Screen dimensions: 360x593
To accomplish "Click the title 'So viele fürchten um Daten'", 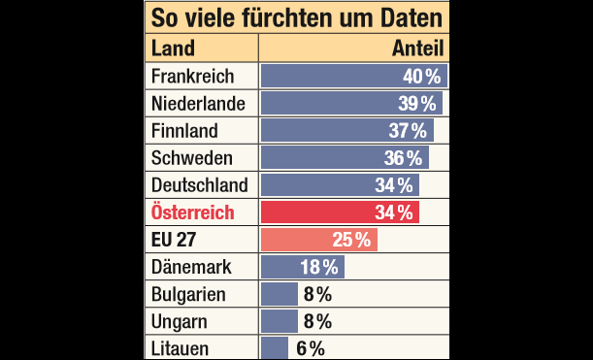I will pyautogui.click(x=295, y=17).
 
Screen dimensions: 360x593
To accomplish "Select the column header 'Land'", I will pyautogui.click(x=174, y=49).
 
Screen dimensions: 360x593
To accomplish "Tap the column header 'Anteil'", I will pyautogui.click(x=417, y=49).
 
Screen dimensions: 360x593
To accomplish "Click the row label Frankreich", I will pyautogui.click(x=193, y=77).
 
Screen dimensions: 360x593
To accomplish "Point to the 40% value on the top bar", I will pyautogui.click(x=422, y=77).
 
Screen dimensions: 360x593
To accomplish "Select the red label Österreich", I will pyautogui.click(x=193, y=213).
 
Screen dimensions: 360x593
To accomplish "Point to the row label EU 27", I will pyautogui.click(x=176, y=240).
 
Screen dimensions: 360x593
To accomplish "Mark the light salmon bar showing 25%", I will pyautogui.click(x=318, y=240).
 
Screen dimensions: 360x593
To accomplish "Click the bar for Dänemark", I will pyautogui.click(x=289, y=267).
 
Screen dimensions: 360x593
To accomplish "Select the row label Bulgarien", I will pyautogui.click(x=188, y=294).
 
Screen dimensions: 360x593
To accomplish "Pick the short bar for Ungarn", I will pyautogui.click(x=280, y=321).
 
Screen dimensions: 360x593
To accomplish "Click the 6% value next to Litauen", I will pyautogui.click(x=310, y=348).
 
